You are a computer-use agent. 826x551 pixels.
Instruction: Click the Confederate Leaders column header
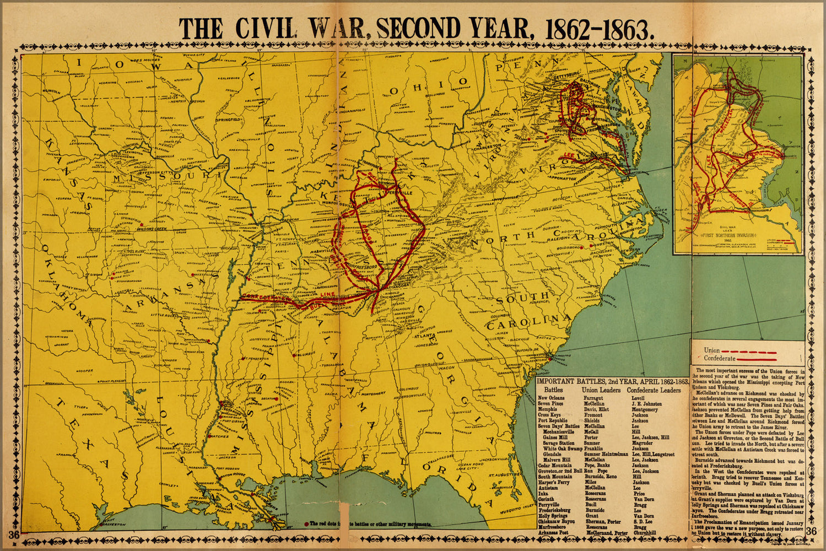654,390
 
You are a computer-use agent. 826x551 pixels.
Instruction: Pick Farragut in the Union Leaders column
594,398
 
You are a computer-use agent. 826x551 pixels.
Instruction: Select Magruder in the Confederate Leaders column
642,443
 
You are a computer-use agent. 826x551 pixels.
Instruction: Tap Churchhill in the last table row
645,533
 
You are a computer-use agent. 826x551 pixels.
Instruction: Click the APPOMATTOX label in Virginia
561,179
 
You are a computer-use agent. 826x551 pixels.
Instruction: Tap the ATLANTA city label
427,336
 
